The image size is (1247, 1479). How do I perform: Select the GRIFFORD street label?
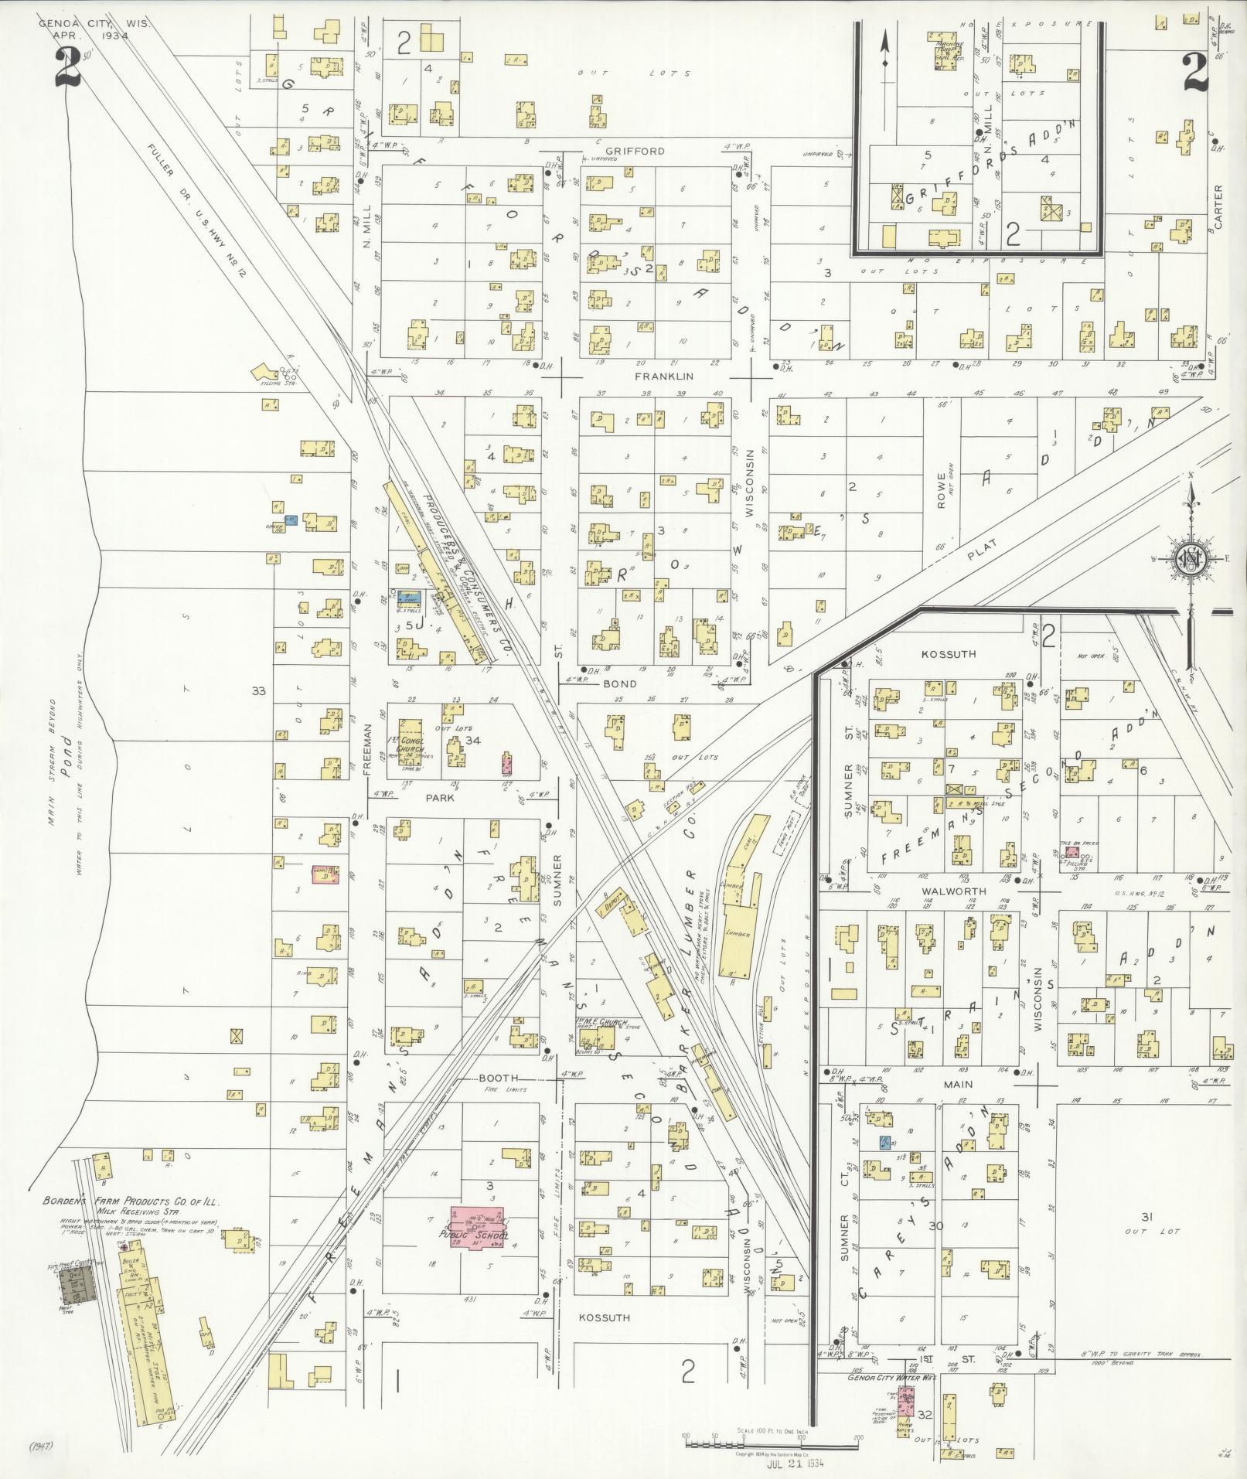tap(635, 152)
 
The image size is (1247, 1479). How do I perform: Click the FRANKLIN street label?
tap(663, 377)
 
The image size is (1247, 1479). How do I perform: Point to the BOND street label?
tap(620, 683)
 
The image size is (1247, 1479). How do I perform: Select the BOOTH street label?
tap(499, 1078)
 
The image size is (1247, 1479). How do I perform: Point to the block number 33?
tap(258, 690)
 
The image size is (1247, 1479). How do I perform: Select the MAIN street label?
tap(957, 1085)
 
